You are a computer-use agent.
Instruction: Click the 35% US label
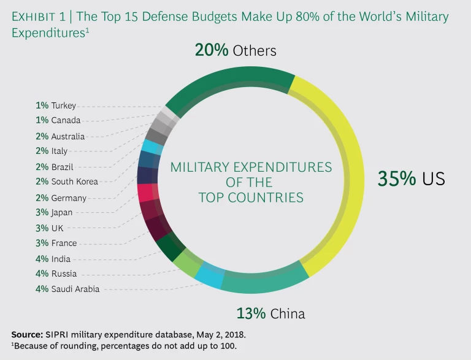point(411,178)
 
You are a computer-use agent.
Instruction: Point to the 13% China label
point(270,313)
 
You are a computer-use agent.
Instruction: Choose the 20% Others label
point(235,50)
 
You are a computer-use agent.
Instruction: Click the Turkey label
point(63,105)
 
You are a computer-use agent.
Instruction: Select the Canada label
point(66,121)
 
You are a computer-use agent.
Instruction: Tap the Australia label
point(67,136)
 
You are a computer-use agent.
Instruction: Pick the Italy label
point(59,151)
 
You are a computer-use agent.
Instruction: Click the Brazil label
point(63,166)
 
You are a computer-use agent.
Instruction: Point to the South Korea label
point(74,182)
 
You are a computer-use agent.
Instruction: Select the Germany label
point(69,197)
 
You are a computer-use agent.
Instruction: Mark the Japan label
point(62,213)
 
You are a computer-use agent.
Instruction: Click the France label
point(64,243)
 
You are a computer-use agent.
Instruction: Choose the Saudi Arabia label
point(75,289)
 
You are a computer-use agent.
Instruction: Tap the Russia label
point(64,274)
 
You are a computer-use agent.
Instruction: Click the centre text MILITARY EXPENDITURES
point(251,167)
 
